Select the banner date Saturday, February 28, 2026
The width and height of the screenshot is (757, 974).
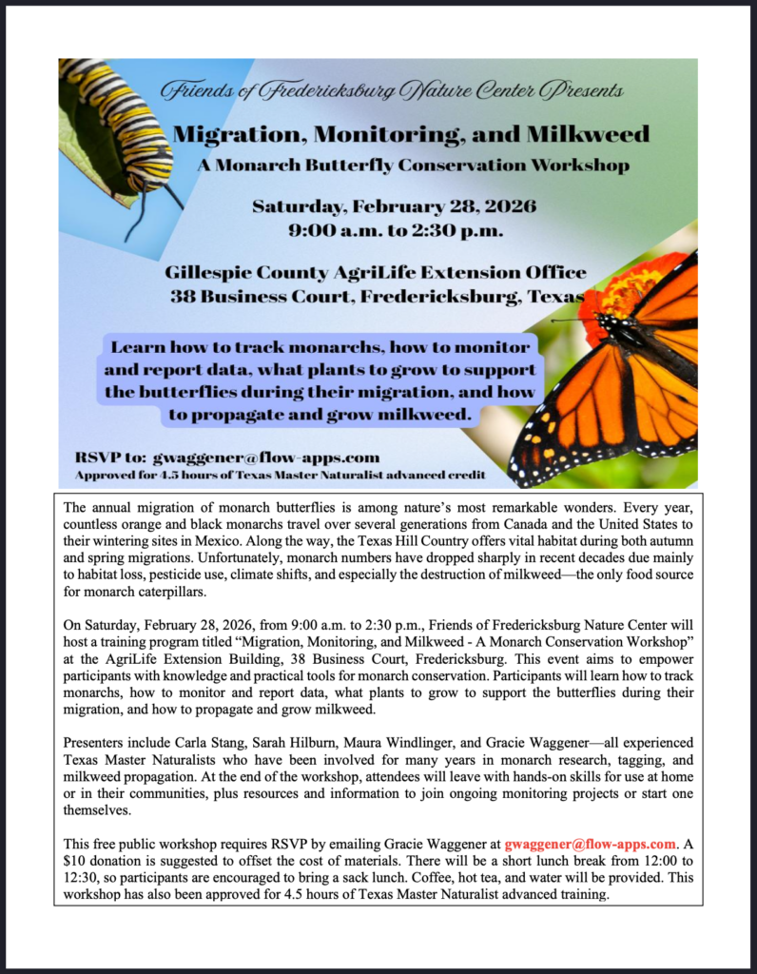[394, 206]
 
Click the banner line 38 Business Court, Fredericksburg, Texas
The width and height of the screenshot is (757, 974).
[377, 295]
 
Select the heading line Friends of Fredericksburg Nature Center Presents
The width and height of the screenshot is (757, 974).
[392, 91]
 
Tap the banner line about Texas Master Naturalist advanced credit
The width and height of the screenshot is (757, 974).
[281, 474]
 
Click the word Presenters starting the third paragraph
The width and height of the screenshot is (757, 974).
[97, 741]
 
